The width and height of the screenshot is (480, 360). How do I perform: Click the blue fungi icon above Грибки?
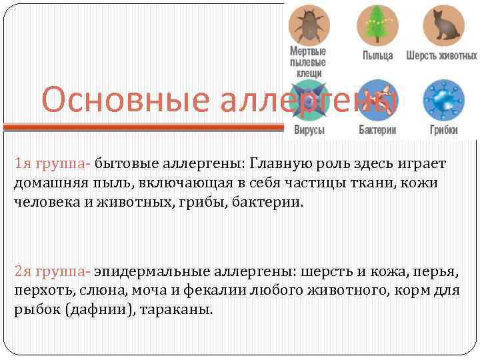point(442,101)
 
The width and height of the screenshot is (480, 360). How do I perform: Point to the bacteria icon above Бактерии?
point(377,101)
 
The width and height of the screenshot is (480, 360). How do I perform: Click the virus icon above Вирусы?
point(308,101)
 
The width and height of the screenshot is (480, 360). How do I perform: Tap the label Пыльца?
point(377,55)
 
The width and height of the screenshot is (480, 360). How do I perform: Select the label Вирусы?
point(309,130)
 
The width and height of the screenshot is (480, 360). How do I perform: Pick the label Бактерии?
point(377,130)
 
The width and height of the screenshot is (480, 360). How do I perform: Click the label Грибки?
point(443,130)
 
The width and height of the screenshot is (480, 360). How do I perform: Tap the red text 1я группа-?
point(53,164)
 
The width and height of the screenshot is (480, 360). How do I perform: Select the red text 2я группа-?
point(53,273)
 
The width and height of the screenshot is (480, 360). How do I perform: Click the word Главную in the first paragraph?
point(277,164)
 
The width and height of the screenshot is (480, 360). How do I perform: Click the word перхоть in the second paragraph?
point(37,291)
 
